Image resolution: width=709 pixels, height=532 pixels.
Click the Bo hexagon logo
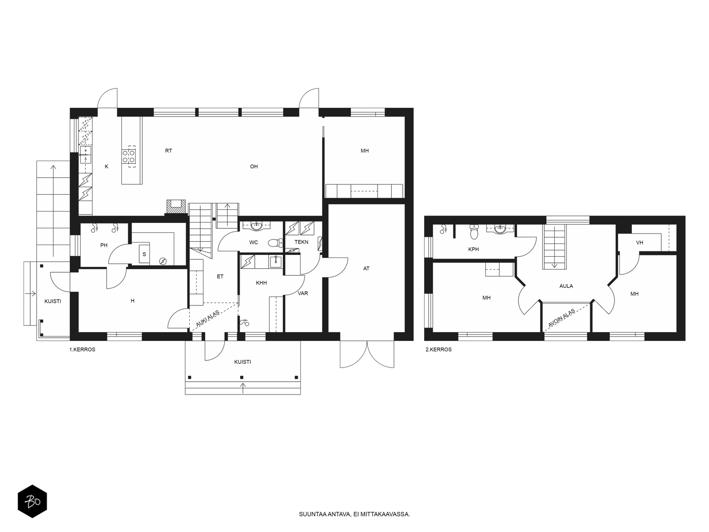click(32, 501)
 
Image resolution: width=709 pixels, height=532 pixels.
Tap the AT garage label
click(366, 268)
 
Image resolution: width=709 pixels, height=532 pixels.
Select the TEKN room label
click(301, 242)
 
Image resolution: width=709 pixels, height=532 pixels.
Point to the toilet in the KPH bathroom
click(474, 232)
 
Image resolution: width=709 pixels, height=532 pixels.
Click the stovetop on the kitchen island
click(129, 156)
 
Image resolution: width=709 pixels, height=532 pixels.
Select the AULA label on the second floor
click(566, 286)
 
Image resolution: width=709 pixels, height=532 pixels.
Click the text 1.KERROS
click(82, 349)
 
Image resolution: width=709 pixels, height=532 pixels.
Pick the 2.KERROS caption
click(438, 349)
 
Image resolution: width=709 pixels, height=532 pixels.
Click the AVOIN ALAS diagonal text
click(561, 318)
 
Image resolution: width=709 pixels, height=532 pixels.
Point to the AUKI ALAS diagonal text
click(208, 318)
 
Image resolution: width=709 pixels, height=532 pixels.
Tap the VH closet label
click(639, 243)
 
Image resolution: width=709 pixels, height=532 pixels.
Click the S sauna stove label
click(144, 254)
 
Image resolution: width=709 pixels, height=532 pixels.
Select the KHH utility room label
click(261, 283)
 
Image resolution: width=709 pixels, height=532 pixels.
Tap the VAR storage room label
click(303, 293)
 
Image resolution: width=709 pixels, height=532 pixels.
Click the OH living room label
click(254, 167)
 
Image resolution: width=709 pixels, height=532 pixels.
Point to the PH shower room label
click(104, 246)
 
